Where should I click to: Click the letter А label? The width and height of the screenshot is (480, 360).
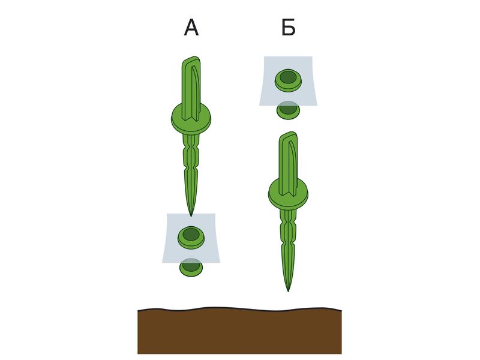[x=191, y=28]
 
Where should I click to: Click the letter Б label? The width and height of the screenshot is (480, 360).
[x=289, y=28]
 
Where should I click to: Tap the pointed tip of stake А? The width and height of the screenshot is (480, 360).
[x=191, y=216]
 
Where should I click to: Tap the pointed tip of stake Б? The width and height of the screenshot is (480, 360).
[x=288, y=291]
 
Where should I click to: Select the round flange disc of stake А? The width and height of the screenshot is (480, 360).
[x=191, y=119]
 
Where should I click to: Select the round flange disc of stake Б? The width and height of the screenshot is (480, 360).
[x=288, y=194]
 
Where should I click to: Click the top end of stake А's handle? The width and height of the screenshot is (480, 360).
[x=191, y=59]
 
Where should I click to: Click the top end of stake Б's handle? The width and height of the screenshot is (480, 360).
[x=289, y=134]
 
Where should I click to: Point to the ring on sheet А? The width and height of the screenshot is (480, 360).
[x=191, y=237]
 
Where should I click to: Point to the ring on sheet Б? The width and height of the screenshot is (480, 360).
[x=288, y=80]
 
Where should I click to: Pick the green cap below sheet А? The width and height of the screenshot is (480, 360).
[x=191, y=268]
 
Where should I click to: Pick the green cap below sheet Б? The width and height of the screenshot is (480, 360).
[x=288, y=111]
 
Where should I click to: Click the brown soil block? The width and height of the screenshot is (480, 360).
[x=239, y=331]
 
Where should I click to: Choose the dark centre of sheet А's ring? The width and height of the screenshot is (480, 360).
[x=191, y=234]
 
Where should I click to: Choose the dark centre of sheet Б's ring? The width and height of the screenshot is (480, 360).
[x=288, y=77]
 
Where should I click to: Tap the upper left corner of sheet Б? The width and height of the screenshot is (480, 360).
[x=264, y=56]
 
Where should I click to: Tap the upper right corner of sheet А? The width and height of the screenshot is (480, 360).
[x=215, y=214]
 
